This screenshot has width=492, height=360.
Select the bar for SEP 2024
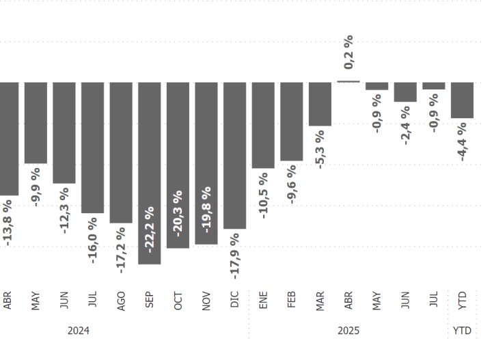(x=150, y=173)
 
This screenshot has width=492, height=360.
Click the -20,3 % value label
(x=178, y=214)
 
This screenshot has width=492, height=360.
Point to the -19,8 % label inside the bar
(x=206, y=207)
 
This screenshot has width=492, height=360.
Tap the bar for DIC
(x=234, y=155)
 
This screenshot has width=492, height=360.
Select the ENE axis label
(x=263, y=301)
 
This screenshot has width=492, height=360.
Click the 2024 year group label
(x=79, y=331)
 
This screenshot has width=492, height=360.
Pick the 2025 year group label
(x=348, y=331)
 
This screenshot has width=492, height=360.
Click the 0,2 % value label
(x=349, y=52)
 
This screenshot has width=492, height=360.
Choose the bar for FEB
(x=292, y=122)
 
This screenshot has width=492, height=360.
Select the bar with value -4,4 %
(x=463, y=100)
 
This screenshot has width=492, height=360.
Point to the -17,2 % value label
(x=121, y=250)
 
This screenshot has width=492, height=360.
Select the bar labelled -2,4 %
(x=405, y=92)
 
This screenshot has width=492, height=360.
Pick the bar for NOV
(x=206, y=163)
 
